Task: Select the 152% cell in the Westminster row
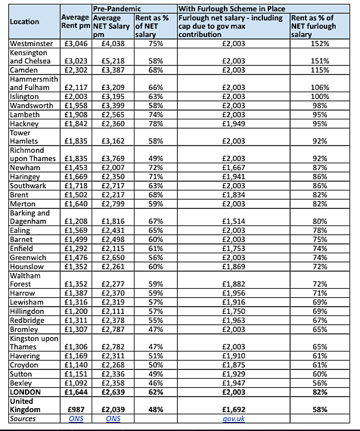[319, 43]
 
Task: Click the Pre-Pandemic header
[117, 8]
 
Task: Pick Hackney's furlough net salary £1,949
[232, 123]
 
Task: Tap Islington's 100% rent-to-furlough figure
[319, 96]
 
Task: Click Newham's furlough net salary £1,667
[232, 167]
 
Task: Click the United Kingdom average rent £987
[76, 409]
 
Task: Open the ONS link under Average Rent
[75, 418]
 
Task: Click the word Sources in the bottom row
[22, 418]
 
